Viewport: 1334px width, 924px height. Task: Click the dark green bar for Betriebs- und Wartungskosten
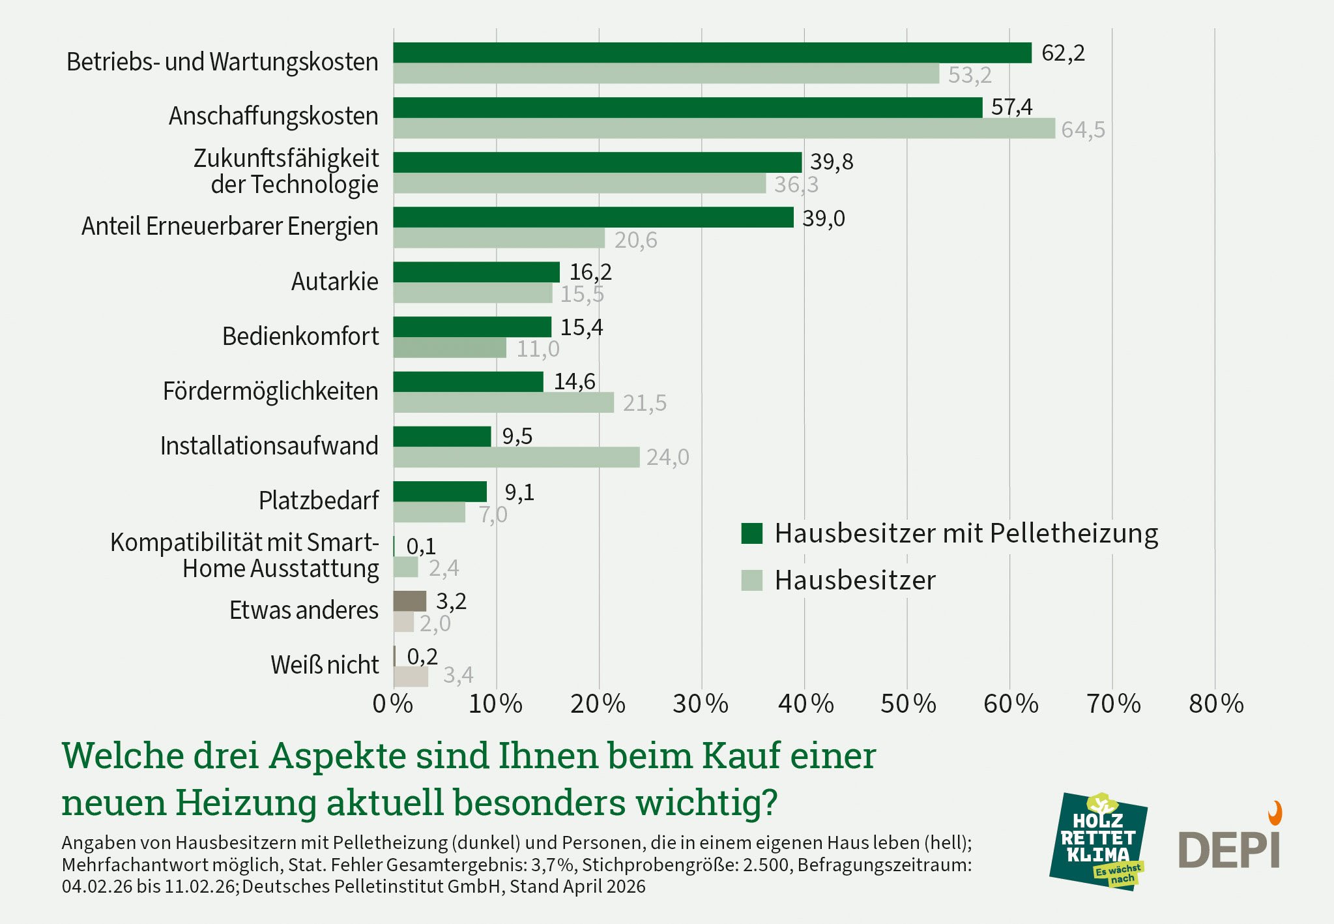click(712, 53)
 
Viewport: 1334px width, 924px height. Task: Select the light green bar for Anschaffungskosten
click(723, 128)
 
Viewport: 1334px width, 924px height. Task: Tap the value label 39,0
click(824, 218)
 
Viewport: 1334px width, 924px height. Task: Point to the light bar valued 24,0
click(516, 457)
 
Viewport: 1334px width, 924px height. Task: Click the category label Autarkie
click(334, 282)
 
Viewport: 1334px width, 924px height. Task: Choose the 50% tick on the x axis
click(908, 704)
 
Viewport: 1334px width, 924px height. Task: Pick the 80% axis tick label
click(1216, 704)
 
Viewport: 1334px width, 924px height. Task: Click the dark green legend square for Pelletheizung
click(751, 533)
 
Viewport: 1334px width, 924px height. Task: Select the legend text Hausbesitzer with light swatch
click(855, 580)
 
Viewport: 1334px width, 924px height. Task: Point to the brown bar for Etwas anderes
click(409, 601)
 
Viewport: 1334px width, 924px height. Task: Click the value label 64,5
click(1082, 130)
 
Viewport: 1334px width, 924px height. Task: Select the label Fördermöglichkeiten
click(270, 391)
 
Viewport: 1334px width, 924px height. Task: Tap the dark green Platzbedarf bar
click(440, 492)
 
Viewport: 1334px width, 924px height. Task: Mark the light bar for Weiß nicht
click(411, 676)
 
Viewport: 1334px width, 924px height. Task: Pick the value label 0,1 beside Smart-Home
click(421, 546)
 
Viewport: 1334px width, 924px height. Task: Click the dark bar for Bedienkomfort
click(472, 327)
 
